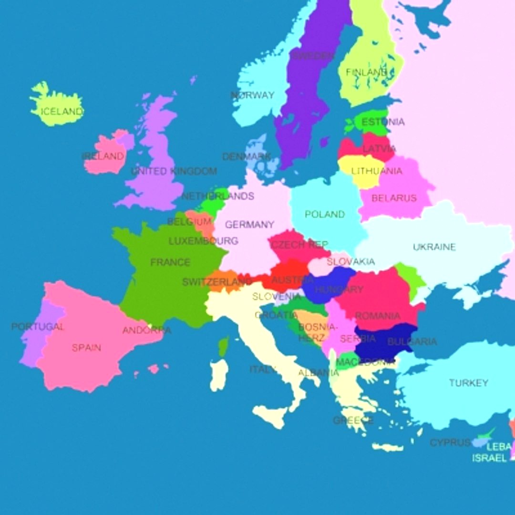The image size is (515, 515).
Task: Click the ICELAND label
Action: pos(62,112)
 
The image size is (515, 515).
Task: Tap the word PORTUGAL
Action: pos(38,327)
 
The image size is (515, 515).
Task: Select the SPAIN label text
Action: pos(86,348)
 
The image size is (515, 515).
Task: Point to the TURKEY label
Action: pos(468,383)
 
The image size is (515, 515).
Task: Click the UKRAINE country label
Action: pos(434,247)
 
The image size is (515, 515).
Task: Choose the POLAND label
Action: pos(324,215)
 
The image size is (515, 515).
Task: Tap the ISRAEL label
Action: pos(489,458)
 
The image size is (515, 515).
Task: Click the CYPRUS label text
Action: pos(450,443)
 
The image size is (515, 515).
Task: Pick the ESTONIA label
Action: pos(382,122)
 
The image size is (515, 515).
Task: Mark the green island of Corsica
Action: pos(223,347)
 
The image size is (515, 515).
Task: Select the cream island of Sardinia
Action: pos(219,375)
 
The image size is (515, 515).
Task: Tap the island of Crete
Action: pos(387,447)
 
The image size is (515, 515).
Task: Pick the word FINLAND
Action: pos(366,72)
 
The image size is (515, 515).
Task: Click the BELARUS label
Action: pos(394,198)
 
